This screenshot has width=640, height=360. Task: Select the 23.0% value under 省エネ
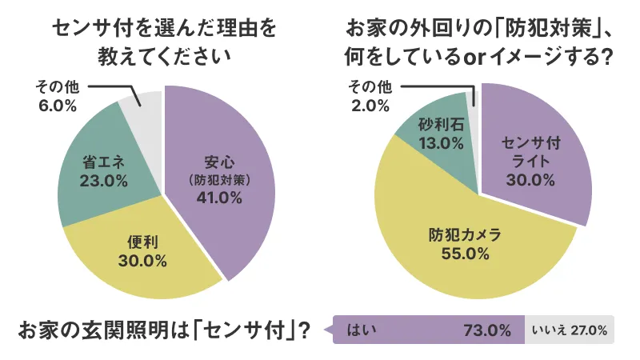104,181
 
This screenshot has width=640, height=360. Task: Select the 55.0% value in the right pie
465,254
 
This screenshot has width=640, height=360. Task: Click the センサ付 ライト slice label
530,151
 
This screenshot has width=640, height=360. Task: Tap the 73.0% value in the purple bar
486,329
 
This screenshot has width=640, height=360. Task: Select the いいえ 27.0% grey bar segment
569,329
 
